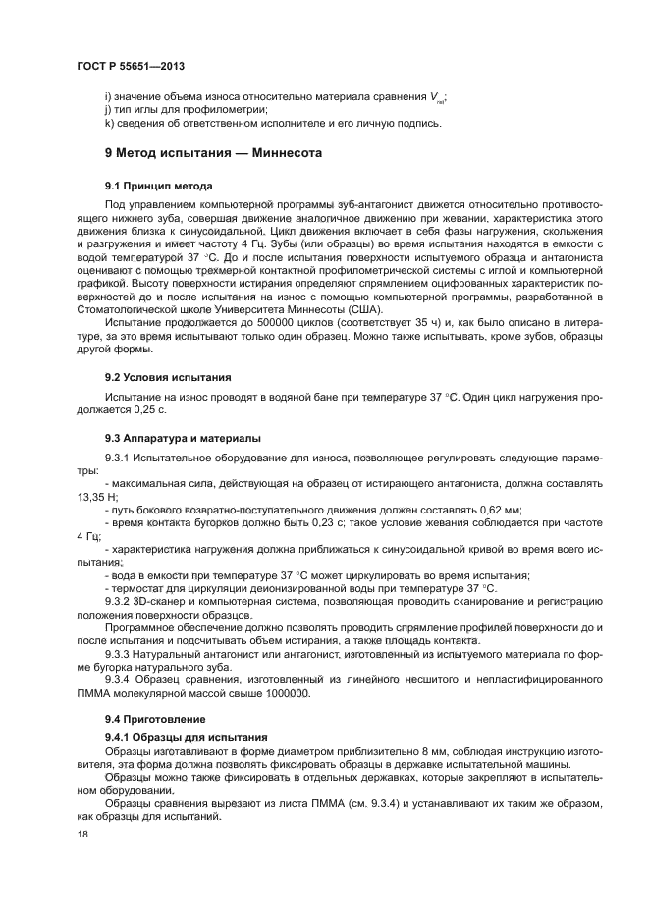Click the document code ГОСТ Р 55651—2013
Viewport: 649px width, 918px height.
coord(130,65)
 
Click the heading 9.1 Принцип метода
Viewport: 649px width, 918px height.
coord(160,186)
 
